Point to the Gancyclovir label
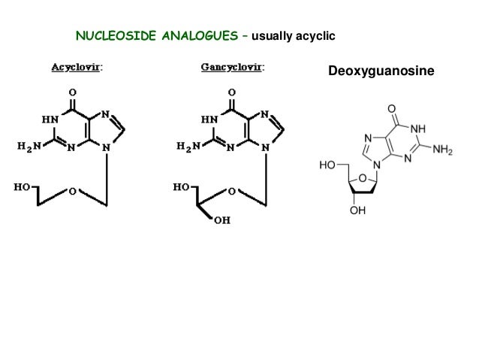[232, 68]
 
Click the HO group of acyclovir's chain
[22, 186]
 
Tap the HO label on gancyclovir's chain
[181, 186]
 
